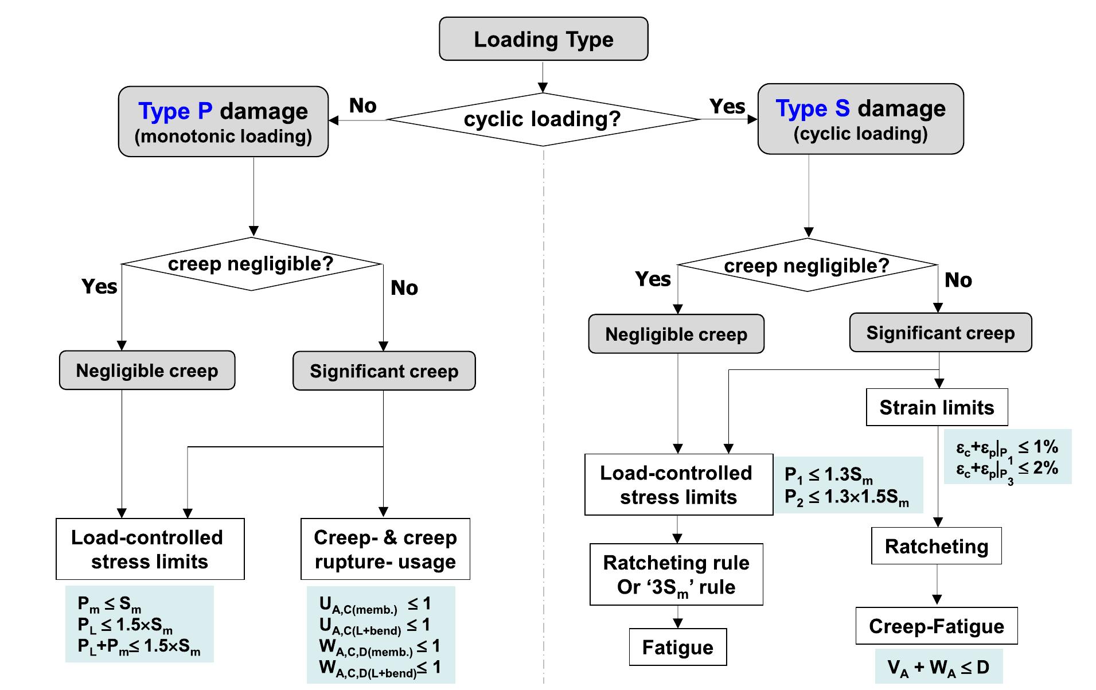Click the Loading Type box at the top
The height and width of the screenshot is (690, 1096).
(x=543, y=39)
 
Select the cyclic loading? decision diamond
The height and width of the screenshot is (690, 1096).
(x=543, y=119)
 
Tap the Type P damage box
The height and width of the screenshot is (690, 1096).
(x=223, y=122)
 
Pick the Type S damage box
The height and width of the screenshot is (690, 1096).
(x=860, y=119)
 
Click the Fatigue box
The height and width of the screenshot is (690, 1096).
(x=677, y=647)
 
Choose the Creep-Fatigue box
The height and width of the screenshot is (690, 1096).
(x=937, y=626)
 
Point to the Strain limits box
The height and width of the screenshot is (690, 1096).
(x=937, y=407)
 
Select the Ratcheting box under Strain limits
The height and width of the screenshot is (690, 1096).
(x=937, y=546)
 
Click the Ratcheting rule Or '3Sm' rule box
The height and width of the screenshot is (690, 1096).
(x=676, y=574)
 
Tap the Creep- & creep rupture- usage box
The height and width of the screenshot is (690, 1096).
(x=385, y=549)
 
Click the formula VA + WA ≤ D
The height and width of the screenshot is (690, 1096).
(x=938, y=668)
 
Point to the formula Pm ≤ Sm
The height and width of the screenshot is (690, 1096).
(x=110, y=604)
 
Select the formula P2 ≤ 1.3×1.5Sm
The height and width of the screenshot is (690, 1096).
(x=847, y=497)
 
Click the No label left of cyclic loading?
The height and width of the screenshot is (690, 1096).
(x=363, y=106)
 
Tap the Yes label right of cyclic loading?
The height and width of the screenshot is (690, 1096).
(x=727, y=106)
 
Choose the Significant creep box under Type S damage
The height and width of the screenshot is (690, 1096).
(x=941, y=333)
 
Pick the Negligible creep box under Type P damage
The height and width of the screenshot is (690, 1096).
(x=147, y=371)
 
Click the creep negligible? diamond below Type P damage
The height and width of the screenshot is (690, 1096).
(x=251, y=264)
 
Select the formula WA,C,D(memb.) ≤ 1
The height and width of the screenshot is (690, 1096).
(x=380, y=647)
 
